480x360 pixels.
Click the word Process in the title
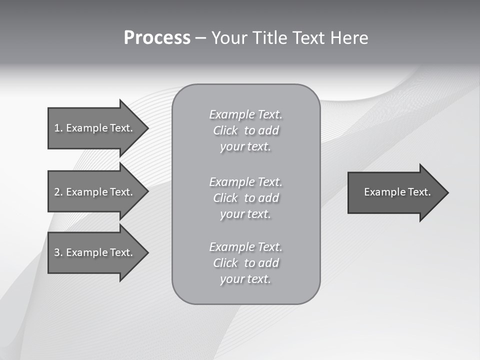(157, 38)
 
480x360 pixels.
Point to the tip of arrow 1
(147, 128)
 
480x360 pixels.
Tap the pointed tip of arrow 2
(147, 192)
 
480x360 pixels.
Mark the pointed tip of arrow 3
(147, 252)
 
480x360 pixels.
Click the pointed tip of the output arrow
(447, 192)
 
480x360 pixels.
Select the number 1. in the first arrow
(58, 128)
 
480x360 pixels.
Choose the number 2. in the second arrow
(58, 192)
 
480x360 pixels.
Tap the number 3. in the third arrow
(58, 252)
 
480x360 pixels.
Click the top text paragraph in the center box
(245, 130)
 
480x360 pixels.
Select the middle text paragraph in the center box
(245, 198)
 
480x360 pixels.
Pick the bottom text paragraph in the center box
(245, 263)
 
